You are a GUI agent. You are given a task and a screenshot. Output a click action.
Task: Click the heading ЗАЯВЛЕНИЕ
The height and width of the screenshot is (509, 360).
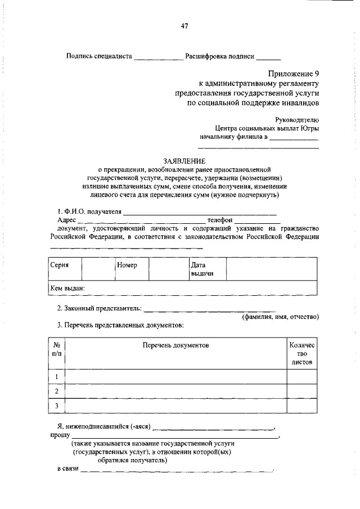[184, 160]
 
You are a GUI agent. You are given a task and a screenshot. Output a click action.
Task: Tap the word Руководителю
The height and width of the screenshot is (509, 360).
[297, 119]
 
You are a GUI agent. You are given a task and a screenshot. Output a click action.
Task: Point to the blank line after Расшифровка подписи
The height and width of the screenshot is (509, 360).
[269, 57]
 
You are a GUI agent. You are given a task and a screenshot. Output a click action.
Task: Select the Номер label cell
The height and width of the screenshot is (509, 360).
[127, 264]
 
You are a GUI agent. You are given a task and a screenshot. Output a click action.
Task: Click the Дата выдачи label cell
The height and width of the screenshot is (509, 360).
[201, 269]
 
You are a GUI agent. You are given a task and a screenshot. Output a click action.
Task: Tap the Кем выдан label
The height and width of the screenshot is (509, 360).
[67, 287]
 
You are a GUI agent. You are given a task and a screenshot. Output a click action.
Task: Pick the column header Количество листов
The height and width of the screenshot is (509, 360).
[302, 353]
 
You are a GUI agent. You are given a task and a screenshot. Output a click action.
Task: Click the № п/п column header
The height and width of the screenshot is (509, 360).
[57, 349]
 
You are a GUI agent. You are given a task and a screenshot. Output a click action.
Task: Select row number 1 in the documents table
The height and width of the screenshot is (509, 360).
[57, 376]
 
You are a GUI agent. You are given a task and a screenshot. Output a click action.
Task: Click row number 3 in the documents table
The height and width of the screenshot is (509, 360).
[57, 406]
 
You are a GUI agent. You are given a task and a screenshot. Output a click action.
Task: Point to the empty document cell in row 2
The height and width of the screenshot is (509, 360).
[175, 391]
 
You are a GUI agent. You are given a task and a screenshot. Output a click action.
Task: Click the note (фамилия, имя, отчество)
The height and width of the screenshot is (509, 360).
[281, 317]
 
